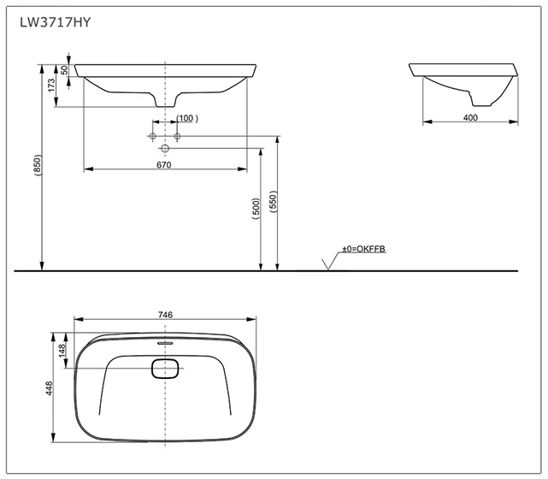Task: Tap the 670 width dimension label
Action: (165, 163)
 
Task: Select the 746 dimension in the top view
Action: (165, 315)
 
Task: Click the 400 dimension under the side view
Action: (469, 117)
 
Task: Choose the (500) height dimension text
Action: (256, 208)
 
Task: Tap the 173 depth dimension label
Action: (51, 86)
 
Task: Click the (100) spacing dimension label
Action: (186, 118)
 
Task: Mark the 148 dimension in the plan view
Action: (62, 351)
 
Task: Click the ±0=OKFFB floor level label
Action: (364, 248)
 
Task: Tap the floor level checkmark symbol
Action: (326, 263)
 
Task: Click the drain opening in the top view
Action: (165, 369)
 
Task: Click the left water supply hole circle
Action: (153, 137)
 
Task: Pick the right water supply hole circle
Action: (177, 137)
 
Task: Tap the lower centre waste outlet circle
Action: (165, 149)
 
